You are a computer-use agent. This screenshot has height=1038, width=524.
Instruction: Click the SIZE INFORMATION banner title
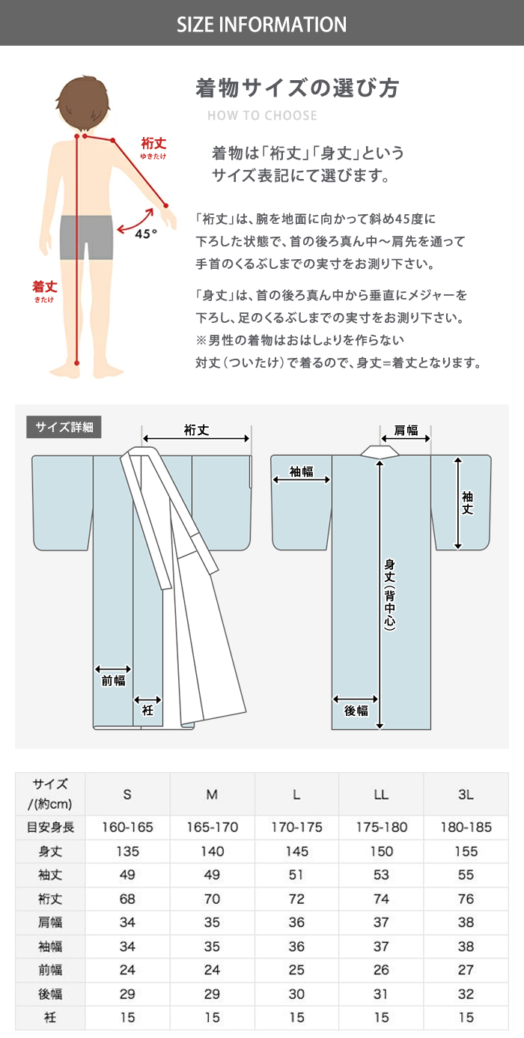(262, 24)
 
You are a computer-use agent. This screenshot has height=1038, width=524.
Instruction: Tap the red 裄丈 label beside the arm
(153, 143)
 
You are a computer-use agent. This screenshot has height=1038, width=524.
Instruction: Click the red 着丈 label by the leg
(44, 286)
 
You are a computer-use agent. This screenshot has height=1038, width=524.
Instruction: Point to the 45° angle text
(146, 234)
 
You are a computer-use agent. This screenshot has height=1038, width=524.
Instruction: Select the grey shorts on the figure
(87, 237)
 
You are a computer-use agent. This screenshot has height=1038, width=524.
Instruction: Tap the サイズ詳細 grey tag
(64, 427)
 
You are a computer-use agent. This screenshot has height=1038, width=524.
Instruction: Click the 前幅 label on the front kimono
(114, 680)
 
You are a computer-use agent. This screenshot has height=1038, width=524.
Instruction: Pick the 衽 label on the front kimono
(147, 710)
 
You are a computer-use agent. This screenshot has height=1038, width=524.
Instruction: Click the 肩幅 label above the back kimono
(406, 431)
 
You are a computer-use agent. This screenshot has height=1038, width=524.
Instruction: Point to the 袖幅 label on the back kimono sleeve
(302, 471)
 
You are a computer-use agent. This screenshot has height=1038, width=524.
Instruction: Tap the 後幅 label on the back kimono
(356, 711)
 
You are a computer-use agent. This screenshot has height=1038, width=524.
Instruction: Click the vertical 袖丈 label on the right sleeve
(467, 503)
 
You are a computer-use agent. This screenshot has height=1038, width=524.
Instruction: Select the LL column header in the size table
(381, 795)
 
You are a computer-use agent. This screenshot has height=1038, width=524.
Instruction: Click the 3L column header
(466, 795)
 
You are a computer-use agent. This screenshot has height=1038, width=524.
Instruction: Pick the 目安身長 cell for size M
(212, 827)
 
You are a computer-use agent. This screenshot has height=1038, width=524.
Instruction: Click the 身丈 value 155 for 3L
(466, 852)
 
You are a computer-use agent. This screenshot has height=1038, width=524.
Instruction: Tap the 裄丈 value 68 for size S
(127, 899)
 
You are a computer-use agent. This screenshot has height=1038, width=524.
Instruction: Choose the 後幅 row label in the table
(50, 994)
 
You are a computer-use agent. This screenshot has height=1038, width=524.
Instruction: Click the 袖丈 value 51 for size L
(296, 875)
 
